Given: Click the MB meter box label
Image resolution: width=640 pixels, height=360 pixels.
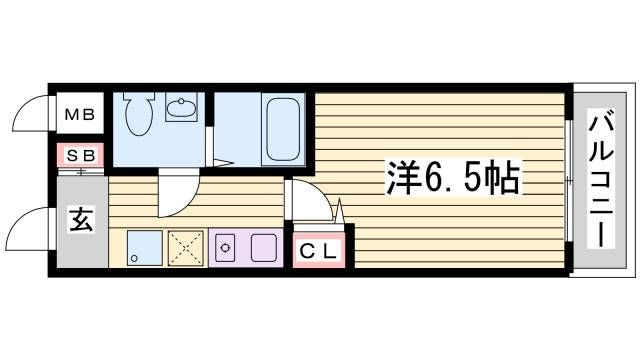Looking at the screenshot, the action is point(80,115).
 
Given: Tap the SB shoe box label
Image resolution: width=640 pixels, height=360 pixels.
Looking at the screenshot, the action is point(81,155).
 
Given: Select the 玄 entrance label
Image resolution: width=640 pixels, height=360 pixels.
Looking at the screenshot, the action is point(82,220).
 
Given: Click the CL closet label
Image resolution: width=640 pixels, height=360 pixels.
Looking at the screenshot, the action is point(318,251).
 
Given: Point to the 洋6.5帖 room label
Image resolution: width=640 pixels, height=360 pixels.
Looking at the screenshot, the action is point(453,178).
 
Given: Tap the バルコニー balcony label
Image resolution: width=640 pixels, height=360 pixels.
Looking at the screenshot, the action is point(601,178).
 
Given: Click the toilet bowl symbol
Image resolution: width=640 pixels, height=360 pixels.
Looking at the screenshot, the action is point(139,117).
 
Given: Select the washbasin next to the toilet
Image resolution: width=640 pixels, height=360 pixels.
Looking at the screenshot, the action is point(181,107).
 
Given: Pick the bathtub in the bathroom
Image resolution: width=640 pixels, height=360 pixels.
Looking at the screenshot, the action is point(283,129).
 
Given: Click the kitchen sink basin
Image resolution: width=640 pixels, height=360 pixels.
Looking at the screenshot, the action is point(264,248).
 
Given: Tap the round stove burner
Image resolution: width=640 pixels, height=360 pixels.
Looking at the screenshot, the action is point(224,248).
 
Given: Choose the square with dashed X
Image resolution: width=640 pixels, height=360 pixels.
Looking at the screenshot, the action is point(185,248).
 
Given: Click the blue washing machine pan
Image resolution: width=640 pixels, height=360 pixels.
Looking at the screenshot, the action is point(144,248).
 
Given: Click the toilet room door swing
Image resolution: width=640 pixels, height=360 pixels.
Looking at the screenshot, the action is point(189,204).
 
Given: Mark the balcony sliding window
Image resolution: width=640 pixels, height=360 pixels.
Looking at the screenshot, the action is point(569,181).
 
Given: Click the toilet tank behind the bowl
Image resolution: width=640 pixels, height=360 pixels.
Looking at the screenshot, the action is point(139,96).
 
